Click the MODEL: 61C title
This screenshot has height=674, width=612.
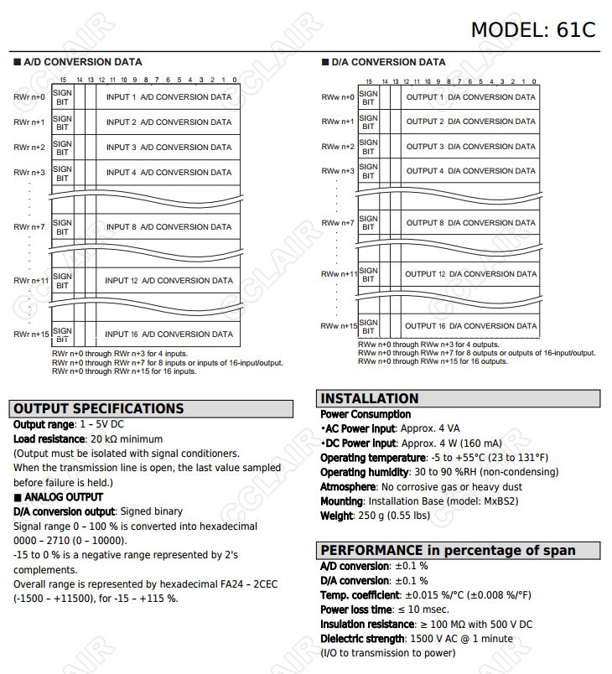532,29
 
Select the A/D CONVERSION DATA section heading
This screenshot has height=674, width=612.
82,62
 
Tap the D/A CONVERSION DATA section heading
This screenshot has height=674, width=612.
387,62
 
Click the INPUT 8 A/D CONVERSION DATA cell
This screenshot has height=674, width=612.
169,227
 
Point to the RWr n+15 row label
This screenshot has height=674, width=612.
30,334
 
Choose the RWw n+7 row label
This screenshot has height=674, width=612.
338,223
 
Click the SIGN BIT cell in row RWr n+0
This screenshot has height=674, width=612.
62,97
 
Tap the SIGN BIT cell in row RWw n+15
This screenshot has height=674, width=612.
368,326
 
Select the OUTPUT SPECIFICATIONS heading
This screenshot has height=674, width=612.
99,409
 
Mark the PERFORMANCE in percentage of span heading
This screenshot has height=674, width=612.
448,551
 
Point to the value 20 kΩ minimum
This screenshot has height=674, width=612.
126,439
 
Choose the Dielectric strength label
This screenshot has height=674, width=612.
361,639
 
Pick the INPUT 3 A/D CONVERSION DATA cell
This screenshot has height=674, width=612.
169,148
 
